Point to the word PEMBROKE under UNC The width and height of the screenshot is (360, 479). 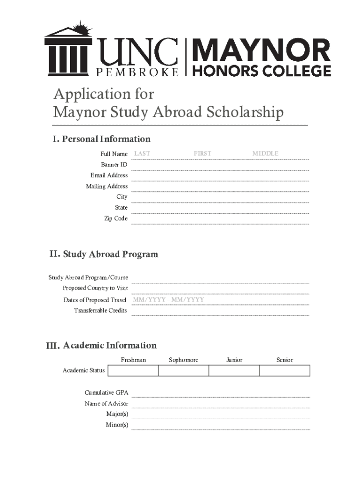coord(137,73)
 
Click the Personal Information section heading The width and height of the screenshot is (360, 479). coord(101,139)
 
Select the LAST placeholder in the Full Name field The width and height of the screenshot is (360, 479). coord(142,153)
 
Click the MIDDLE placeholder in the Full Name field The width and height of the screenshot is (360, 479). coord(265,153)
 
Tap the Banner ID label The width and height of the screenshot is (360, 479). coord(114,165)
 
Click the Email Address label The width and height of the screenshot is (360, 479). coord(109,175)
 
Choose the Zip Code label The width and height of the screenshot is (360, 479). coord(115,218)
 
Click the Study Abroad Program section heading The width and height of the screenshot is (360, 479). coord(104,254)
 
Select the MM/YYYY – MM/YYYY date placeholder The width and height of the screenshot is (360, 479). coord(168,299)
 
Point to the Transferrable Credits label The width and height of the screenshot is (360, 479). coord(100,311)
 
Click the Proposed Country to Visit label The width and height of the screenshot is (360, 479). coord(95,288)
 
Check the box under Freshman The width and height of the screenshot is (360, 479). coord(133,371)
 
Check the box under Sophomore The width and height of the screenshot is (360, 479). coord(183,371)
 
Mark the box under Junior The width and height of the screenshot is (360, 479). coord(234,371)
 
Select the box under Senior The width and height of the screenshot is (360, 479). coord(284,371)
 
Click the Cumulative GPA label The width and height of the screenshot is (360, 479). coord(106,392)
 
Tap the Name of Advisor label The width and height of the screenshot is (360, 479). coord(106,404)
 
